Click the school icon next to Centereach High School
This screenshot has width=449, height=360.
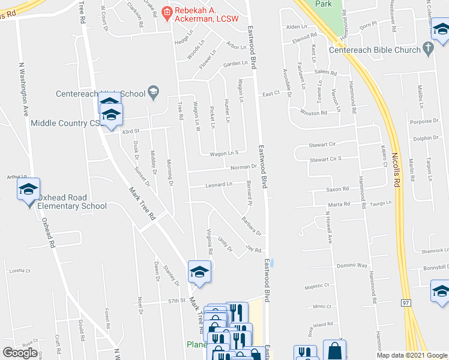[153, 92]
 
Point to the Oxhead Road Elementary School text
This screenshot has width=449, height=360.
[72, 202]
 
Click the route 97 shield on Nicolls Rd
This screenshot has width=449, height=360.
[406, 303]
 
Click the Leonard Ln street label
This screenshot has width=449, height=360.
[219, 184]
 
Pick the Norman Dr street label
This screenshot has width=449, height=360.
[243, 167]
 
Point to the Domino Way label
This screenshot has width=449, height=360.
[351, 265]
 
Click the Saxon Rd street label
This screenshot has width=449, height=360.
[337, 189]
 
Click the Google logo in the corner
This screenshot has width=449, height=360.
[20, 353]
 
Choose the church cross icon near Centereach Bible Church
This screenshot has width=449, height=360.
[427, 47]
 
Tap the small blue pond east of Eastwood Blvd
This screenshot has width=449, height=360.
[273, 262]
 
